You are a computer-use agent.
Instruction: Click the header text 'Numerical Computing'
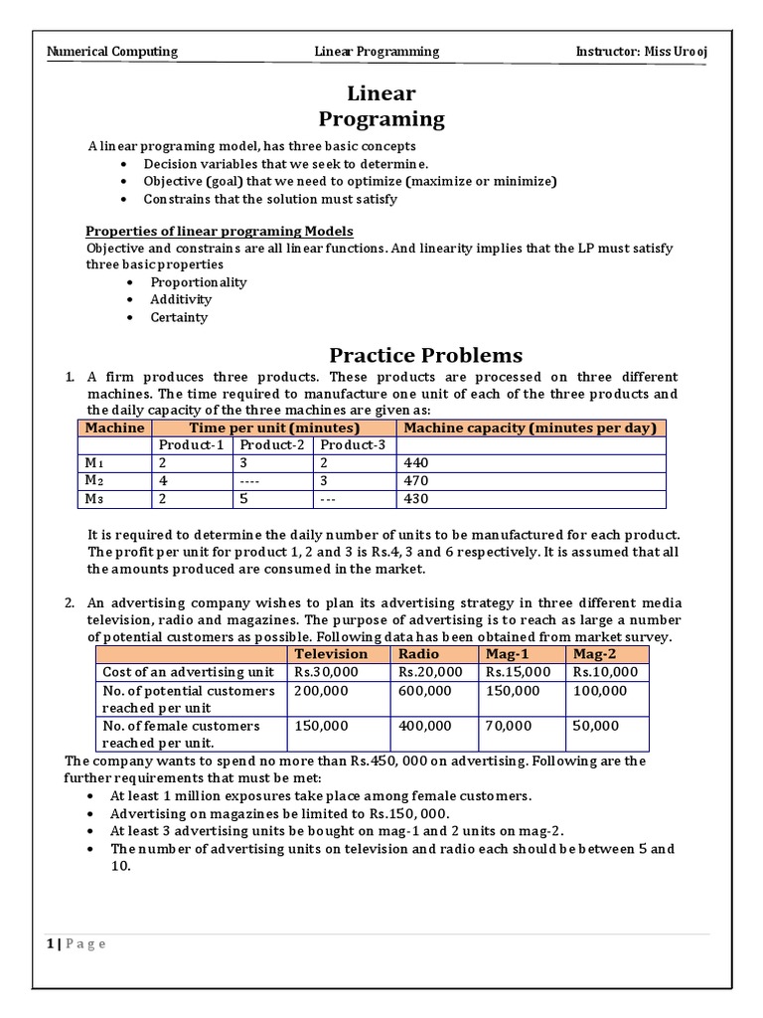[x=112, y=51]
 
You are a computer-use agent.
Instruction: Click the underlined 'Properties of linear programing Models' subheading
[x=220, y=231]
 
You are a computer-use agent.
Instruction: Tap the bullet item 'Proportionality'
[x=198, y=282]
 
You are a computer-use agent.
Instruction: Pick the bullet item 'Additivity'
[x=181, y=300]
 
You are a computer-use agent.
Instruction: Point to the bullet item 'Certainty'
[x=179, y=318]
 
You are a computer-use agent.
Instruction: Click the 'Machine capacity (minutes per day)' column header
[x=531, y=427]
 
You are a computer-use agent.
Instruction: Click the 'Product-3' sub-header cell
[x=352, y=445]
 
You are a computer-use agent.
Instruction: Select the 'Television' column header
[x=330, y=654]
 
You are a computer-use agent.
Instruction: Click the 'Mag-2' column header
[x=592, y=654]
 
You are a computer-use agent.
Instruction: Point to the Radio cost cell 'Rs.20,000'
[x=429, y=672]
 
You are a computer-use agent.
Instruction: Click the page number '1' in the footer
[x=49, y=944]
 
